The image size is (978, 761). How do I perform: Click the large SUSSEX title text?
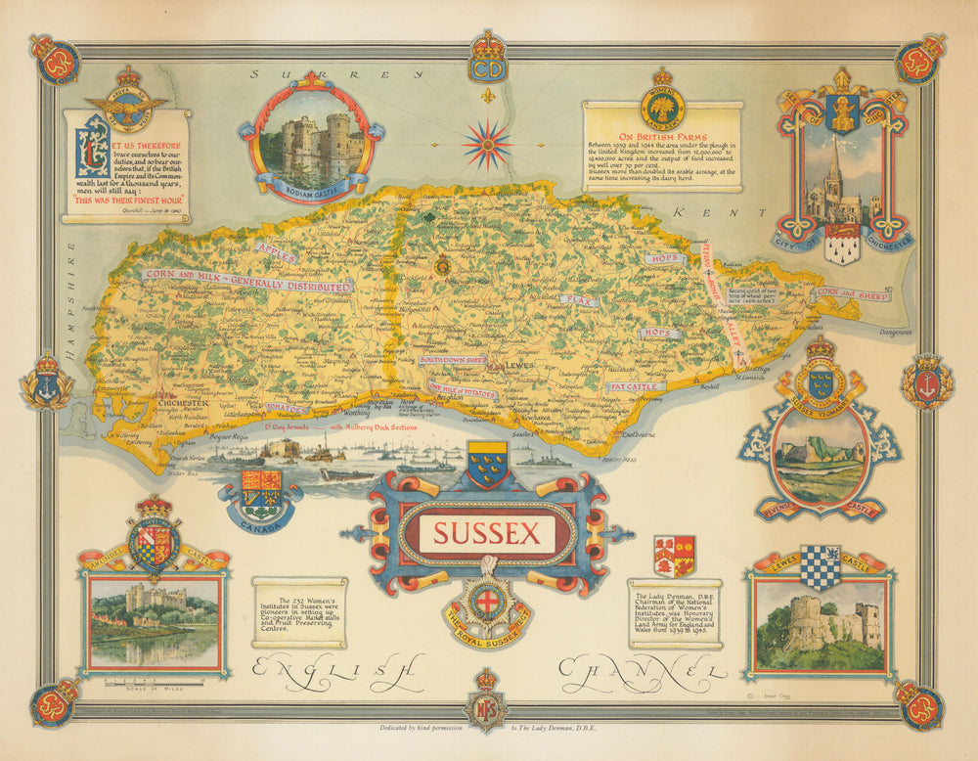[486, 534]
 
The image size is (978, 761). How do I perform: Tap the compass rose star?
[487, 144]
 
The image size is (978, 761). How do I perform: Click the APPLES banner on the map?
[276, 254]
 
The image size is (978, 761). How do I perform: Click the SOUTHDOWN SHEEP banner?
[453, 360]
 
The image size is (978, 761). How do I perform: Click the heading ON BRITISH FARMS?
[661, 139]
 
